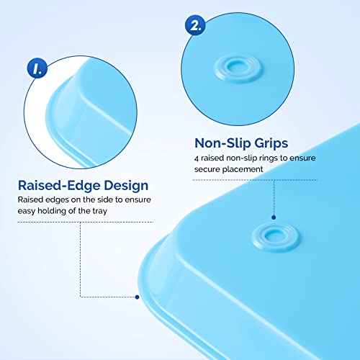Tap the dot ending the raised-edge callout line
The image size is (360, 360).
coord(137,296)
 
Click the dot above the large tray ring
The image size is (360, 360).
coord(274,215)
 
